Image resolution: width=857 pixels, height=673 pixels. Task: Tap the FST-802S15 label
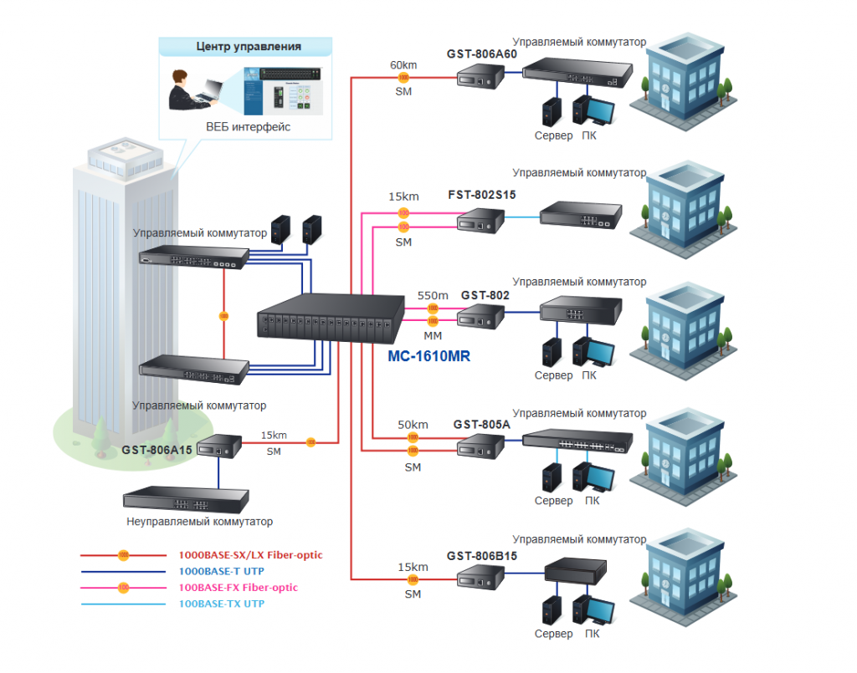click(x=481, y=196)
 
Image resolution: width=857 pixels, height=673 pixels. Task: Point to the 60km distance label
click(x=403, y=64)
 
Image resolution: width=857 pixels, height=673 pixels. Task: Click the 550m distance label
click(x=433, y=296)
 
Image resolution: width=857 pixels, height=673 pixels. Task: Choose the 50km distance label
click(x=413, y=425)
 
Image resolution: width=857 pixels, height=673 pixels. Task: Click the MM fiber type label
click(x=433, y=335)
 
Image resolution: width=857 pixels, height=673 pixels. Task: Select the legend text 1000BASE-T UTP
click(x=221, y=571)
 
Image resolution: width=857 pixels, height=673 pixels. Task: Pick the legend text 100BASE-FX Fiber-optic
click(x=239, y=588)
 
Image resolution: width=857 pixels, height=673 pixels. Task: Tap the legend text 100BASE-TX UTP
click(x=222, y=604)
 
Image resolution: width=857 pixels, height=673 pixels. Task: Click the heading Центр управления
click(x=249, y=47)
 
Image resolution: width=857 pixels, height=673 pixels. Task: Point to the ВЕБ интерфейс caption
click(x=249, y=127)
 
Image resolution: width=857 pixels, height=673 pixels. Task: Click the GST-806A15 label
click(x=157, y=450)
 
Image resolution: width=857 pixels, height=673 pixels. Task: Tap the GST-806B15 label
click(x=482, y=556)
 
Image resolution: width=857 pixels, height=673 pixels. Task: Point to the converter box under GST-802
click(x=480, y=317)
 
